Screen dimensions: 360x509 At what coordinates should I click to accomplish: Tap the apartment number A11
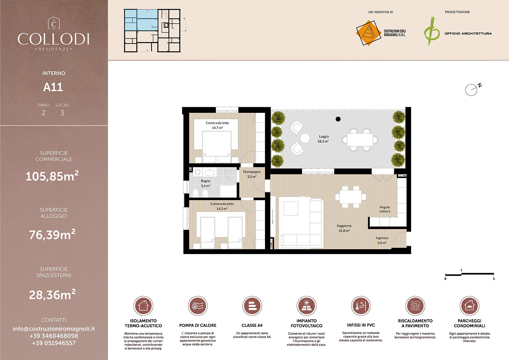[x=53, y=87]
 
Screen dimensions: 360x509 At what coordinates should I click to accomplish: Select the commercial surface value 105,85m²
[x=52, y=176]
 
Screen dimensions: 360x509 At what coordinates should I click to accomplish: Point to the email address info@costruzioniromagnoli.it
[x=54, y=329]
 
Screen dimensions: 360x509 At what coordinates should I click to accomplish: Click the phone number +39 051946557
[x=54, y=343]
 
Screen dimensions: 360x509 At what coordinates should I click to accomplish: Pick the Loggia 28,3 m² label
[x=323, y=139]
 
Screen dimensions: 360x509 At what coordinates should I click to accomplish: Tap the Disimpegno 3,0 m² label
[x=252, y=174]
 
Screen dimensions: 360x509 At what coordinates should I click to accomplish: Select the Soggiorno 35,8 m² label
[x=344, y=228]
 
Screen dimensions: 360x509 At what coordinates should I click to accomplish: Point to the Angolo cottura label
[x=384, y=209]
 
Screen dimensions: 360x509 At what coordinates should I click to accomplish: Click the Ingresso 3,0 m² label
[x=382, y=240]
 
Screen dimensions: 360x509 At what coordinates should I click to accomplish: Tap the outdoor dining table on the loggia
[x=360, y=140]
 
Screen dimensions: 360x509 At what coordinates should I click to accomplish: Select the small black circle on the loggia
[x=338, y=119]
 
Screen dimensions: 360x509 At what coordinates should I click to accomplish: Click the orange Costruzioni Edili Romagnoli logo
[x=368, y=33]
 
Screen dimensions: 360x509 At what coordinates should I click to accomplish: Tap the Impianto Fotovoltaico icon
[x=306, y=306]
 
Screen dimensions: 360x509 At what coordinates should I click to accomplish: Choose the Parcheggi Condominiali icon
[x=469, y=306]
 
